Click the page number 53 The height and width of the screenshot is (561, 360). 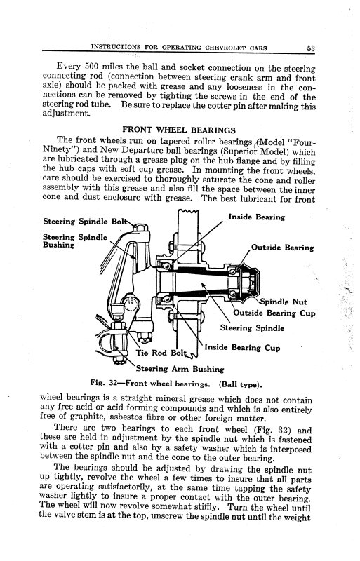tap(310, 48)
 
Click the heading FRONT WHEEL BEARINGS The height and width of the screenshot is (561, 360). tap(179, 129)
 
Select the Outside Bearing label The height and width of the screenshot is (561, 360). tap(283, 248)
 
